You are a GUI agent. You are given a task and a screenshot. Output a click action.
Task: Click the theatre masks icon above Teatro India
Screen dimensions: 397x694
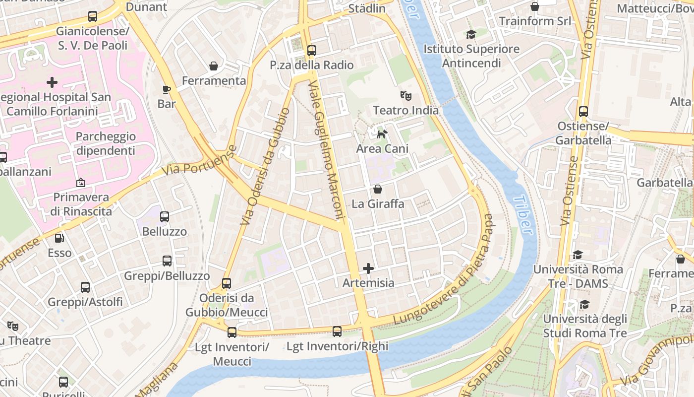coord(406,95)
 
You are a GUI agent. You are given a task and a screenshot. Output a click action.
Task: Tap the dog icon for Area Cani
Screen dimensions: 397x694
coord(382,133)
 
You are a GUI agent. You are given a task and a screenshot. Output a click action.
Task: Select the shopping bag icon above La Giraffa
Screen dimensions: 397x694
coord(378,189)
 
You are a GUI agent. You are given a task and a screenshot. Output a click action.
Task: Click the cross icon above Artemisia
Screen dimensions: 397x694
coord(368,268)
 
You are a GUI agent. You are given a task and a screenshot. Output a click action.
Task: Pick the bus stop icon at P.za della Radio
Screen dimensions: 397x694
coord(311,50)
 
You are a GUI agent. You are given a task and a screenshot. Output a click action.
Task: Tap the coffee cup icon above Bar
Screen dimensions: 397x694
coord(167,89)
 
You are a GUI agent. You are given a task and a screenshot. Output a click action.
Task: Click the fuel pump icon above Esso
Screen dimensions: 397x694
coord(59,238)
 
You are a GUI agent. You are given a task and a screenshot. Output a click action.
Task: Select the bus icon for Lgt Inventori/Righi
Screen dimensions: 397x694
coord(337,331)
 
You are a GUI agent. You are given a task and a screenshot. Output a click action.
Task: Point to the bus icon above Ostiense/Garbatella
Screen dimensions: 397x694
coord(583,111)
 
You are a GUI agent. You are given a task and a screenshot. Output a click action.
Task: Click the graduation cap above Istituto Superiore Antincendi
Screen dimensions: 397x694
coord(471,34)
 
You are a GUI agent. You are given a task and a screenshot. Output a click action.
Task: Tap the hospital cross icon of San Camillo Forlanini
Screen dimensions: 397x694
coord(52,82)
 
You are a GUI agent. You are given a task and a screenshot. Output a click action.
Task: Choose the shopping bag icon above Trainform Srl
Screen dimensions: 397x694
coord(535,6)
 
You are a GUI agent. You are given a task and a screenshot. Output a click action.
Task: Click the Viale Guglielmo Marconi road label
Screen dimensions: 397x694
coord(327,149)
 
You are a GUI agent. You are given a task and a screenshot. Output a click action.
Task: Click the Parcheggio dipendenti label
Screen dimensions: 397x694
coord(105,143)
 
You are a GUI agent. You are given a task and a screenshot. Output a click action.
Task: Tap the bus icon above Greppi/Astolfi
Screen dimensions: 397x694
coord(85,287)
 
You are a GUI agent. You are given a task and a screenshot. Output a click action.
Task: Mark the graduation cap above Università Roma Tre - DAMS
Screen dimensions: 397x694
coord(578,255)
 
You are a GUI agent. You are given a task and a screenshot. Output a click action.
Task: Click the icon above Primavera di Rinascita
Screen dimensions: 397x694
coord(80,183)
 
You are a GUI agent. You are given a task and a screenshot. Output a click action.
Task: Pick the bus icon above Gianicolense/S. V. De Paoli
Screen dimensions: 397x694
coord(93,16)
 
